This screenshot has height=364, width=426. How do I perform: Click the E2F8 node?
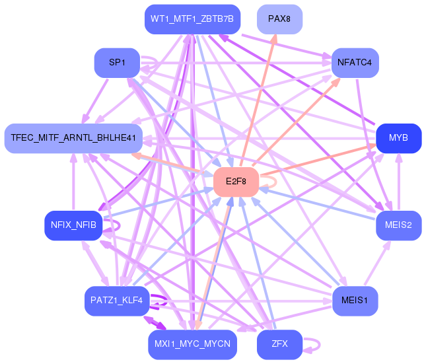click(236, 182)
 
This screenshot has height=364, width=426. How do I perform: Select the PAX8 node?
click(279, 19)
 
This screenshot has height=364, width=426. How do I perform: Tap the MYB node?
click(398, 138)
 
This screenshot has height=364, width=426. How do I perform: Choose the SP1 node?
click(117, 63)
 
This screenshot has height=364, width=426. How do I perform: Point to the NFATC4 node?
click(355, 63)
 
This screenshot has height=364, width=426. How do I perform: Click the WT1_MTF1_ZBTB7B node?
click(192, 19)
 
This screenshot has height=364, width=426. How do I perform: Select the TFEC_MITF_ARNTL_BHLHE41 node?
click(73, 138)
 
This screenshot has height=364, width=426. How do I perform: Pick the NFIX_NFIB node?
click(73, 225)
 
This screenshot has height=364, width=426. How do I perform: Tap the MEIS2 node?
click(398, 225)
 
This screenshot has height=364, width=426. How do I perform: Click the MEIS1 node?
click(355, 301)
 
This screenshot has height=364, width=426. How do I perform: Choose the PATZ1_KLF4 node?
click(117, 301)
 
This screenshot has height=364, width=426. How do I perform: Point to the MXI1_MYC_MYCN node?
click(192, 344)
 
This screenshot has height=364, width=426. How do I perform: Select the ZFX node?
click(279, 344)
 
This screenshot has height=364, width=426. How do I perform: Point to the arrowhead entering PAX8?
click(274, 39)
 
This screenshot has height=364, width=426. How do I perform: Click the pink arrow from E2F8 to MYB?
click(318, 160)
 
